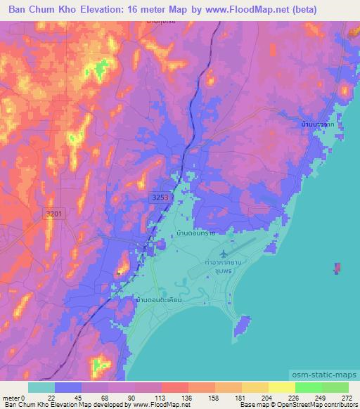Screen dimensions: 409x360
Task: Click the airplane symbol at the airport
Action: point(224,252)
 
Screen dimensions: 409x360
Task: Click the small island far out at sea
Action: point(339,268)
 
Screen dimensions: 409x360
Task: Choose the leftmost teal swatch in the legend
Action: point(41,387)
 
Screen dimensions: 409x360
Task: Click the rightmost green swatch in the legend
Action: point(335,387)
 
